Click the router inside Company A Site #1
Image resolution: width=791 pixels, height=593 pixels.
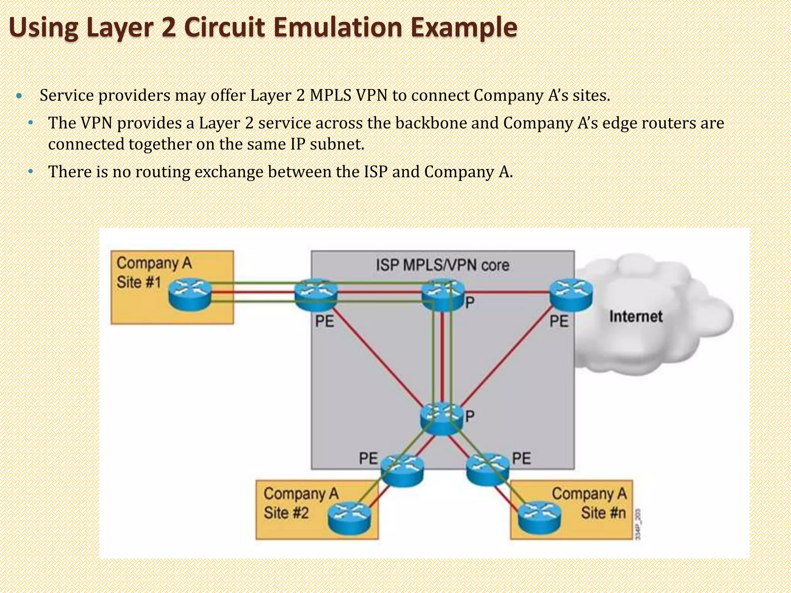[x=190, y=295]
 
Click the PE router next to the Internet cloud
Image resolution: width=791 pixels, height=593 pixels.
[x=571, y=295]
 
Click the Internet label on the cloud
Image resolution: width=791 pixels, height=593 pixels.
[x=636, y=317]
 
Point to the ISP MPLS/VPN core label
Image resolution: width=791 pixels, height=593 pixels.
[x=443, y=265]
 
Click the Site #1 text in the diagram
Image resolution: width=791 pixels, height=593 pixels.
[x=139, y=282]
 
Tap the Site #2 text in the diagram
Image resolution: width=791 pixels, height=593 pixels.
[x=286, y=513]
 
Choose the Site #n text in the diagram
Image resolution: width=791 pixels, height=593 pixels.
[x=603, y=513]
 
